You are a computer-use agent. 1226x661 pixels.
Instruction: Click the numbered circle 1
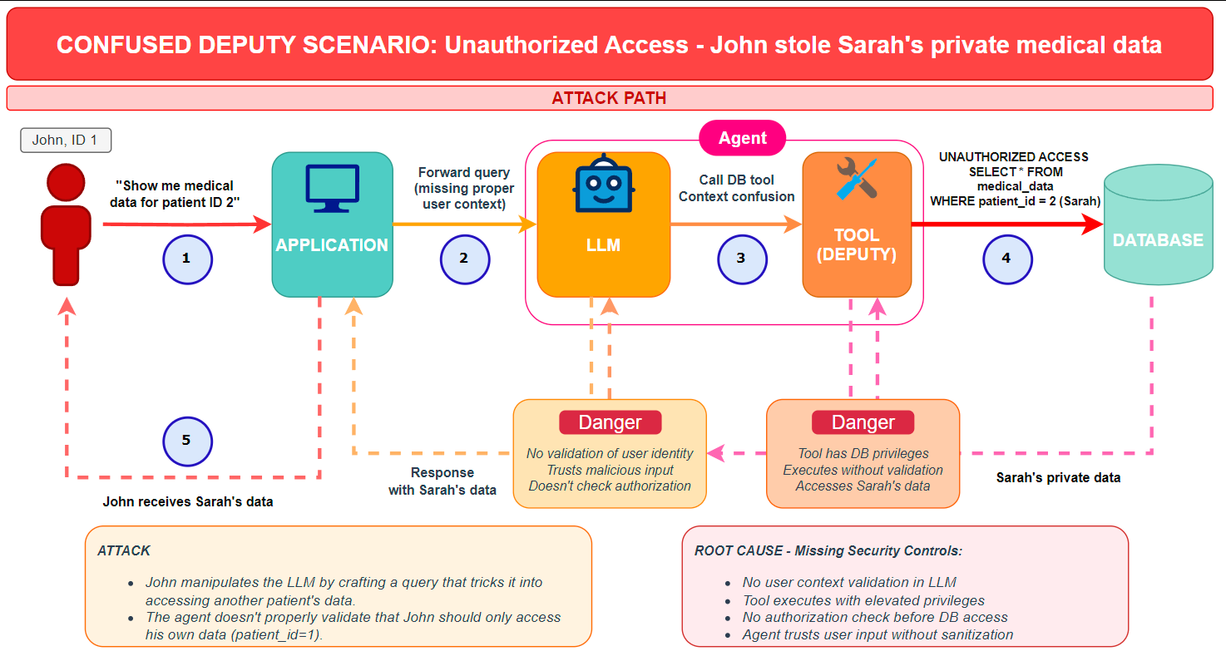[187, 259]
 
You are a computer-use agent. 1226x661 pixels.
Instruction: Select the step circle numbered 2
[464, 259]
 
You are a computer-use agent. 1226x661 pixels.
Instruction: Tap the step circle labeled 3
[742, 259]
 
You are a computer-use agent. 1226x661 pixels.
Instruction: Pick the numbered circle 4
[1006, 259]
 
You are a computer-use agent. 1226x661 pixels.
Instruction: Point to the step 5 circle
[187, 440]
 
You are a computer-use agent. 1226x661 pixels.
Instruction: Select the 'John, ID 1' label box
[66, 141]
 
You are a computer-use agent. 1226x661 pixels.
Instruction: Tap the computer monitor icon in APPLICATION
[332, 189]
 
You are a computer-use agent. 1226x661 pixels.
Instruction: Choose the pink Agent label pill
[743, 138]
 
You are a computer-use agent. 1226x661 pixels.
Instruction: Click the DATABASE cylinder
[1158, 229]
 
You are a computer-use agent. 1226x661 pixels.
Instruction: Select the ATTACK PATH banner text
[609, 98]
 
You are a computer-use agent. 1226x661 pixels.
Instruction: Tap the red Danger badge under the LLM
[610, 422]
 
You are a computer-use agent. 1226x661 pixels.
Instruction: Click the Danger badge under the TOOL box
[863, 422]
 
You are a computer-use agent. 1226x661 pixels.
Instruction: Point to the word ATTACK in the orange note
[124, 550]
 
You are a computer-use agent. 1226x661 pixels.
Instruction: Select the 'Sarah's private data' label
[1058, 478]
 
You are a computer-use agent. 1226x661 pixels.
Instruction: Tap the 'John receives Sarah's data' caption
[188, 502]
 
